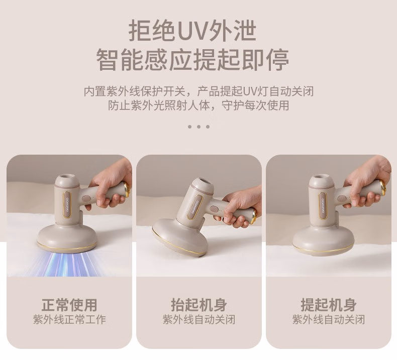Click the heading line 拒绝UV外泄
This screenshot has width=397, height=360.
pos(192,31)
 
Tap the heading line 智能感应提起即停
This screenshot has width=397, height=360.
pos(192,60)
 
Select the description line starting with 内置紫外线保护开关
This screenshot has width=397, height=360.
pos(199,91)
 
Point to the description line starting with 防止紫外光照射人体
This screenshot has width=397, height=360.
pos(199,105)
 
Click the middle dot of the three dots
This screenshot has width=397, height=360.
pos(199,127)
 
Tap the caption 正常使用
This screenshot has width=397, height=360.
pos(69,305)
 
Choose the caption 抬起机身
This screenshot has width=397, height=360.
pos(199,305)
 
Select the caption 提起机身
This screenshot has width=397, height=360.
pos(329,305)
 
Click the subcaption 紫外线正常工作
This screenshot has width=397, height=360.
pos(69,319)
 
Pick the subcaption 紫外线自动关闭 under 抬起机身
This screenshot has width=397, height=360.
pos(199,319)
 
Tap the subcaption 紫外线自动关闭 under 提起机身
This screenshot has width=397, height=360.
pos(329,319)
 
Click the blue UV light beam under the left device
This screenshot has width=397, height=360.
pos(66,265)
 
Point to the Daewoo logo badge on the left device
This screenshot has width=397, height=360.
pos(67,205)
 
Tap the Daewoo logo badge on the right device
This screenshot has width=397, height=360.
pos(323,206)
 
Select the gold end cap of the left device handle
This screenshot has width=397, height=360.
pos(127,189)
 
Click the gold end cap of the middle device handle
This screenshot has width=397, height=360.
pos(254,215)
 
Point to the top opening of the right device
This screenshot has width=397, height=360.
pos(322,177)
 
